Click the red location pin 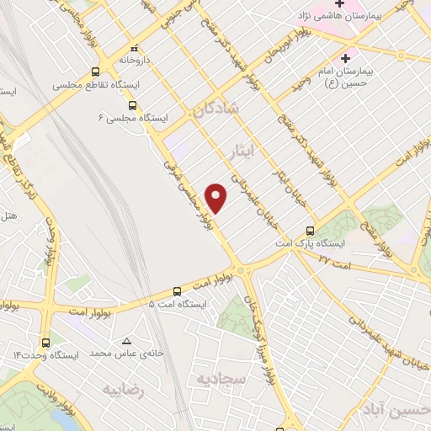pos(216,197)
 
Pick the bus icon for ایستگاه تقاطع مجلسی pos(96,72)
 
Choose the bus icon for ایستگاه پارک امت pos(311,229)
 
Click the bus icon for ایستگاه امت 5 pos(176,289)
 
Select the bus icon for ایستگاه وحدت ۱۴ pos(45,342)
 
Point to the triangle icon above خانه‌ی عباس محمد pos(126,341)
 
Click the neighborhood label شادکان pos(215,108)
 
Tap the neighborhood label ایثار pos(240,149)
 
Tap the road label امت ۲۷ pos(327,261)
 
